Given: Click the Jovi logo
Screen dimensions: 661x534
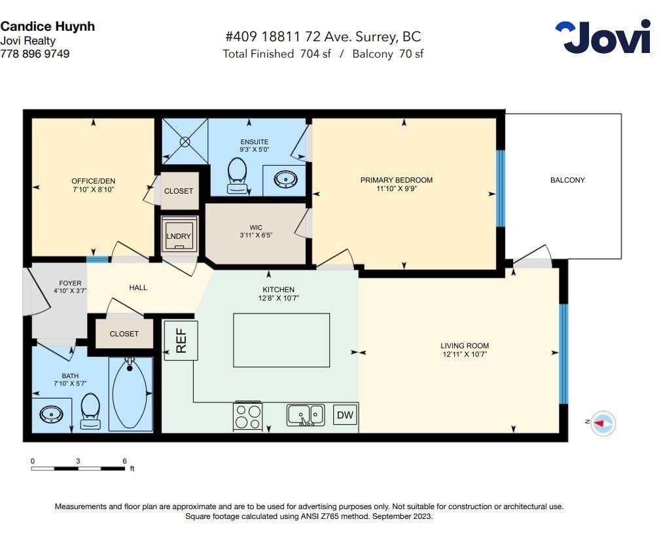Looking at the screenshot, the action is [x=603, y=37].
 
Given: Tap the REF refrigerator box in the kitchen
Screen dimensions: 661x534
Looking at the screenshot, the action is [x=181, y=340].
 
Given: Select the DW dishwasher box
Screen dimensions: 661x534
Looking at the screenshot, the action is [x=345, y=415].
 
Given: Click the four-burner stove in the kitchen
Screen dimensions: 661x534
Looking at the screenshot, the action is [x=247, y=416].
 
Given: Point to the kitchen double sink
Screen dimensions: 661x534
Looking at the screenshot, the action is [x=306, y=415].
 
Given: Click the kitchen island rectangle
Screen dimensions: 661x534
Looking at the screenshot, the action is [x=281, y=340].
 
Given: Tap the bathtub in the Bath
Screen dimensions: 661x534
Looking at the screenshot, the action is [x=130, y=394].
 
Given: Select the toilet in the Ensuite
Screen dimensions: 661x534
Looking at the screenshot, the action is [x=237, y=176].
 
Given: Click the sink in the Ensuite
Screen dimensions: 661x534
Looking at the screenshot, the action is [x=286, y=179].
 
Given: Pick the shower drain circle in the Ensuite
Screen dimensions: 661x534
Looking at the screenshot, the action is [x=185, y=141].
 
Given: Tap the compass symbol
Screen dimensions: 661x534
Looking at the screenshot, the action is [x=603, y=423].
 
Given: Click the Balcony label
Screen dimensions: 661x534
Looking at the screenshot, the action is [x=567, y=180].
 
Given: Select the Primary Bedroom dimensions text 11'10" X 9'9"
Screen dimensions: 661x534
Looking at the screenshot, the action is [x=396, y=188].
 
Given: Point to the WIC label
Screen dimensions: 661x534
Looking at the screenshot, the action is [x=256, y=228].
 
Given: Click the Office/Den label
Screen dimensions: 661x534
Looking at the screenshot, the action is [x=93, y=181].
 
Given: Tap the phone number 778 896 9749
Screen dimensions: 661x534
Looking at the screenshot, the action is [x=35, y=54].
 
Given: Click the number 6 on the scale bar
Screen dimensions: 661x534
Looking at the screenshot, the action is [x=124, y=461].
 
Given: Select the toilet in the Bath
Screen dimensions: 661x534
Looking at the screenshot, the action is [x=90, y=411].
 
